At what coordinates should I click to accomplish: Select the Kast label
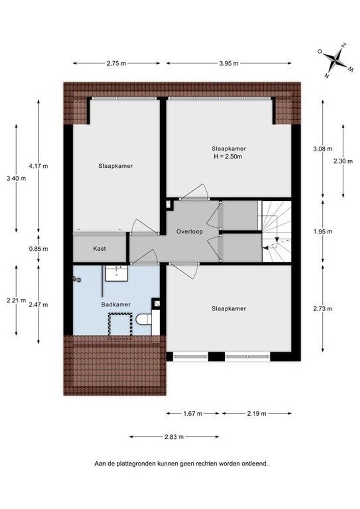point(99,248)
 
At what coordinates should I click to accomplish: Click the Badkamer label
point(115,304)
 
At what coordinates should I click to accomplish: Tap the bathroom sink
point(115,273)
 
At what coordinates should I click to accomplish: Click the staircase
point(277,231)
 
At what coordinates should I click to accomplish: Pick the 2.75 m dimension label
point(116,63)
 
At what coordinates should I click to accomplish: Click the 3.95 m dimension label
point(229,63)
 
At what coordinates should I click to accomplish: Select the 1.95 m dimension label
point(323,231)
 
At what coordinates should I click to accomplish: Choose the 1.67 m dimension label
point(192,413)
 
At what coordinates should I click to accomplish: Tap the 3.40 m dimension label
point(16,178)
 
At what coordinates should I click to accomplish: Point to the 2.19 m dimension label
point(257,413)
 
